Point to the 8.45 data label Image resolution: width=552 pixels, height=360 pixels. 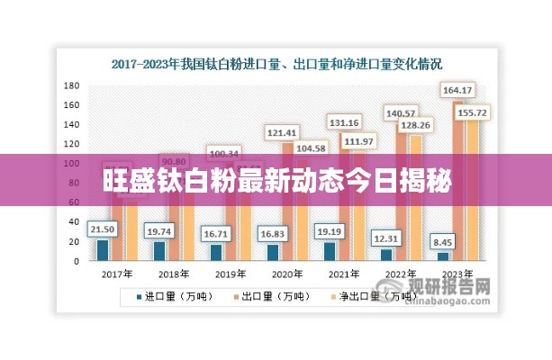[443, 240]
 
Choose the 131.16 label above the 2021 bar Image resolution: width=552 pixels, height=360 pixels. [344, 122]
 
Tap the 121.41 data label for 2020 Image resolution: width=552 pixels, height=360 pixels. [282, 132]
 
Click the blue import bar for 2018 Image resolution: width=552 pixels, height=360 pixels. [159, 251]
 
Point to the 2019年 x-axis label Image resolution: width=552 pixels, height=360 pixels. [228, 273]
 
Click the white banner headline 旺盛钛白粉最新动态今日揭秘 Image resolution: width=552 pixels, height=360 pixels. [277, 179]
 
